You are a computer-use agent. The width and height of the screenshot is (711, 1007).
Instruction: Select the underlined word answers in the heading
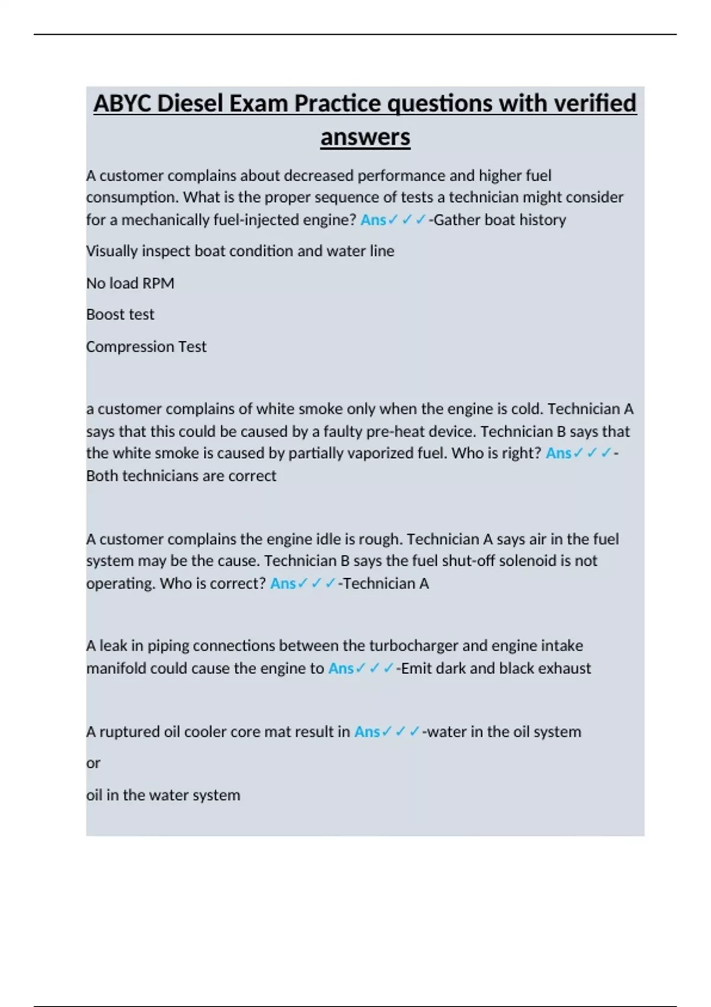pyautogui.click(x=365, y=137)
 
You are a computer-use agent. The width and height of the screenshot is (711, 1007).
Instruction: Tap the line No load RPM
pyautogui.click(x=130, y=283)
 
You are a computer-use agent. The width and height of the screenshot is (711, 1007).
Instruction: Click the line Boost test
pyautogui.click(x=120, y=315)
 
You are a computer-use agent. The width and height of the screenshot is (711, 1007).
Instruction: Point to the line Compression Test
pyautogui.click(x=146, y=347)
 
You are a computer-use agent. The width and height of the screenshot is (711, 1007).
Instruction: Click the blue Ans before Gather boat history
pyautogui.click(x=373, y=220)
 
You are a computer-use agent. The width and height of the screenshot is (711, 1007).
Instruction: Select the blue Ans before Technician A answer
pyautogui.click(x=283, y=583)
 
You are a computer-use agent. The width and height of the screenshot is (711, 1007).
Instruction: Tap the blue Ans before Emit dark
pyautogui.click(x=341, y=668)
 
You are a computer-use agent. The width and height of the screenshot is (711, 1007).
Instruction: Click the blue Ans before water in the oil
pyautogui.click(x=367, y=732)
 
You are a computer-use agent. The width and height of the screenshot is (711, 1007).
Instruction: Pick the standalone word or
pyautogui.click(x=93, y=763)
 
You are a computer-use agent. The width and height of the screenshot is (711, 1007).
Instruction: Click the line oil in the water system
pyautogui.click(x=163, y=795)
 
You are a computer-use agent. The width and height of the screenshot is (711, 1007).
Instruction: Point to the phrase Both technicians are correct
pyautogui.click(x=181, y=476)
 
